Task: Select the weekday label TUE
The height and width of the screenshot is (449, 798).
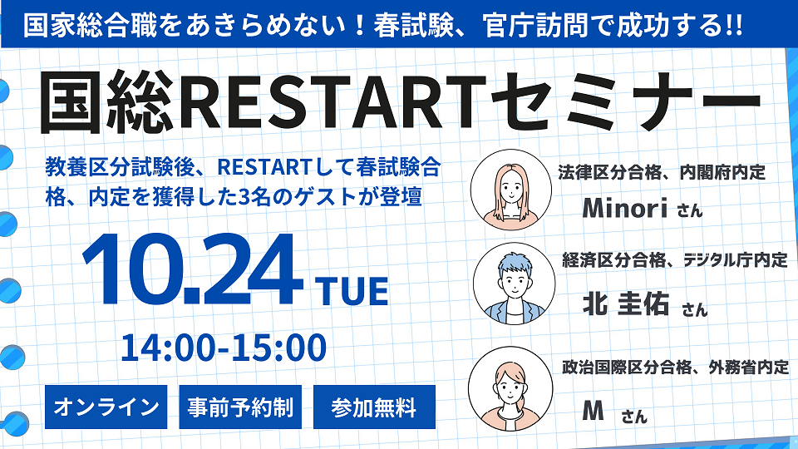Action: [x=352, y=291]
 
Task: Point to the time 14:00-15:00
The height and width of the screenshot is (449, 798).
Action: [x=224, y=348]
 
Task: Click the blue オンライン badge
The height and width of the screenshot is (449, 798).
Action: [x=106, y=407]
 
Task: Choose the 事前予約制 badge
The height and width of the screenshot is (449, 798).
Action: [x=240, y=407]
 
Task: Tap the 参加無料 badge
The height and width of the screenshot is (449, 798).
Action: [x=374, y=407]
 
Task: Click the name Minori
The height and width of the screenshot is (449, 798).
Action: [x=625, y=208]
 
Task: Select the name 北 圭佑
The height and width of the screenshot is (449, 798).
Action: [x=625, y=303]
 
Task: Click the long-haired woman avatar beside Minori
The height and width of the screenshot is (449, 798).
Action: [x=511, y=190]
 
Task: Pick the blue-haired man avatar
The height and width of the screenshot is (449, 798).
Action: [x=514, y=284]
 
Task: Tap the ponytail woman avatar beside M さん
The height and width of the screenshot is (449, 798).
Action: [x=510, y=389]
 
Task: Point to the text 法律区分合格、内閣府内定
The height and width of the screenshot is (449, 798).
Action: [x=662, y=173]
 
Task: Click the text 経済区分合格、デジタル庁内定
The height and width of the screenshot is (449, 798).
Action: [x=675, y=260]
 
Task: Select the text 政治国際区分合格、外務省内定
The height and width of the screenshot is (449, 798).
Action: [x=675, y=367]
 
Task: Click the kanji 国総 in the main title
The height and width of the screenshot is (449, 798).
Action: [x=107, y=102]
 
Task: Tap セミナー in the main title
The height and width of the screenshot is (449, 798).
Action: [x=625, y=102]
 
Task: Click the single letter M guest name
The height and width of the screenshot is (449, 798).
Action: [x=593, y=410]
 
